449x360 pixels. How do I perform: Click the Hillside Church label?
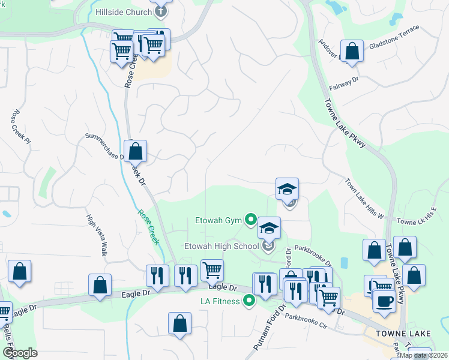[x=124, y=12]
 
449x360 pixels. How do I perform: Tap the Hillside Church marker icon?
[x=160, y=11]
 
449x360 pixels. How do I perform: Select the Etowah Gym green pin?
[x=251, y=220]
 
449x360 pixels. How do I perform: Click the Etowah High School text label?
[x=220, y=245]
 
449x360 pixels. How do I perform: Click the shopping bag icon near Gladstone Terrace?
[x=352, y=52]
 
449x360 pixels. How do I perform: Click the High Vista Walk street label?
[x=96, y=236]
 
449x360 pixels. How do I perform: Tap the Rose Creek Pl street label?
[x=16, y=124]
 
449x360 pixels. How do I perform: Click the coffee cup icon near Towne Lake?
[x=384, y=301]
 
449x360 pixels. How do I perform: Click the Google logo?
[x=20, y=352]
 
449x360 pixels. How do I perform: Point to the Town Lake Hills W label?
[x=364, y=197]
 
